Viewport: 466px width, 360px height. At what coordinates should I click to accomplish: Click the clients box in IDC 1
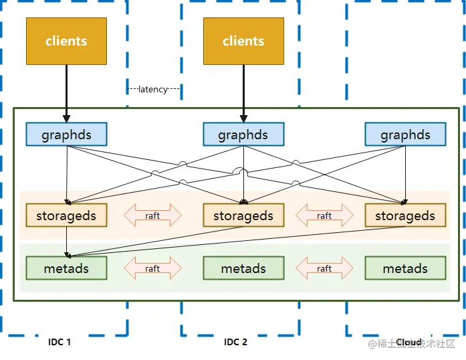point(66,41)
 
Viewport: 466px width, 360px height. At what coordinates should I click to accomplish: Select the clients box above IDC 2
point(243,41)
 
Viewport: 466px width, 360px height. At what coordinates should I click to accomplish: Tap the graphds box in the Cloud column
point(405,134)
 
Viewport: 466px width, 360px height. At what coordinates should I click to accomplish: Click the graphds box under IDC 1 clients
point(66,134)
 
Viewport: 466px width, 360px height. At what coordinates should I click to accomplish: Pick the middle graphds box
point(243,134)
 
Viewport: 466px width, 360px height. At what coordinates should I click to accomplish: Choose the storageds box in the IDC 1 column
point(66,215)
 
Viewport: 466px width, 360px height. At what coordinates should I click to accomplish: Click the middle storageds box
point(243,215)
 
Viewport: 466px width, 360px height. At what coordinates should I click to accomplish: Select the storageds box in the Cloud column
point(405,215)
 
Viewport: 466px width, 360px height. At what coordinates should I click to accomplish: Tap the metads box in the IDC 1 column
point(66,268)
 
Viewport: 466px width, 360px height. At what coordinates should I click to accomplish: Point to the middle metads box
point(243,268)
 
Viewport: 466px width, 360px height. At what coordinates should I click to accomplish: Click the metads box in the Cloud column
point(405,268)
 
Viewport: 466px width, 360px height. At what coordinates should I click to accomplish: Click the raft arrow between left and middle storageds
point(152,215)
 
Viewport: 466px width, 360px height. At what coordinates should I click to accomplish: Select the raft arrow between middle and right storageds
point(324,215)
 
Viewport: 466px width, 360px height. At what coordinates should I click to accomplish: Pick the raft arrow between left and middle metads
point(152,268)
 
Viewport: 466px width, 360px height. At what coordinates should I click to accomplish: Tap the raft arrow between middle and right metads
point(324,268)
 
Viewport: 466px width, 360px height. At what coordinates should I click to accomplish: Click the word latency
point(153,89)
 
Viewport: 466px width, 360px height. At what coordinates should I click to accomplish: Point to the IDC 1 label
point(60,342)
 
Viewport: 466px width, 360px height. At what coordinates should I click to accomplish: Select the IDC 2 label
point(236,342)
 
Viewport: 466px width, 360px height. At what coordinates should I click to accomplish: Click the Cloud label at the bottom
point(409,343)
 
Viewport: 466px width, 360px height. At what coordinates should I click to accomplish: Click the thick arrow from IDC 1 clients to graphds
point(66,94)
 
